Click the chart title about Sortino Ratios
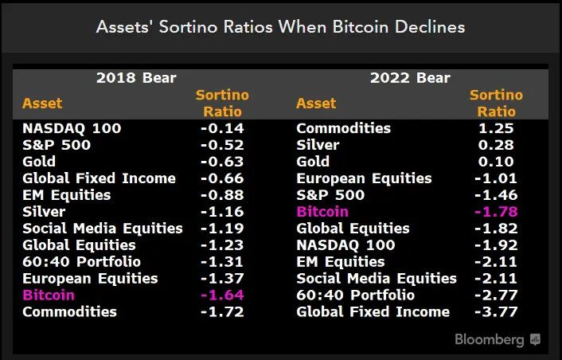280,26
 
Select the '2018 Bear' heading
136,78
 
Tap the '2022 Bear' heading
410,78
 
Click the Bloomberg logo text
490,339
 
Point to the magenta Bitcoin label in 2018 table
49,295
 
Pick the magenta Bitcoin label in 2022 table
322,212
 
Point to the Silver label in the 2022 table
318,145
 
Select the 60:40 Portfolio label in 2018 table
81,261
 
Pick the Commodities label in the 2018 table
69,311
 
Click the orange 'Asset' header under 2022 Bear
316,104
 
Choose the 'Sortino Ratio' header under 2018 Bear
222,104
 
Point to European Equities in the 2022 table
364,178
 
